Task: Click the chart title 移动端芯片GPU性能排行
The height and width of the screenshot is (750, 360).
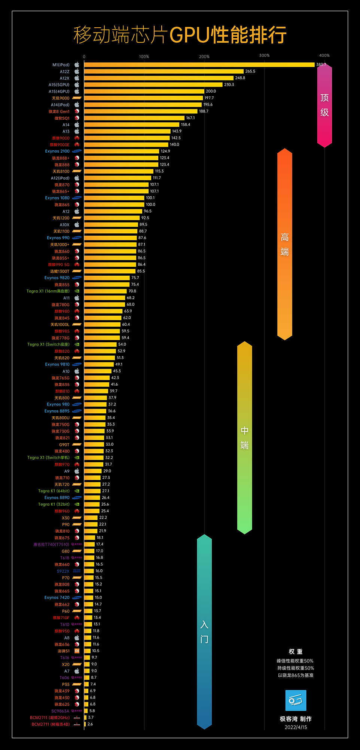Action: (x=180, y=35)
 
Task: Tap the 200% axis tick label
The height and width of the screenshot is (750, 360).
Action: (x=204, y=57)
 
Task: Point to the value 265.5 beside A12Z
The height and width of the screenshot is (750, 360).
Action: (x=250, y=71)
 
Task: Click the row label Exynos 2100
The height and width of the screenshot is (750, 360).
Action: (x=57, y=151)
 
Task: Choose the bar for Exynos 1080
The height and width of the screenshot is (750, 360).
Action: (x=114, y=198)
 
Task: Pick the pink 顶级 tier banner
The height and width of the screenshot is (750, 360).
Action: (x=324, y=105)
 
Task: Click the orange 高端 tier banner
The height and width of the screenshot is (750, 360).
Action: (x=284, y=244)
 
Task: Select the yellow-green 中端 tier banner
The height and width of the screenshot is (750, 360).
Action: (x=244, y=438)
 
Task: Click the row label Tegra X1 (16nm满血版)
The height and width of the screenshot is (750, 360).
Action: (x=48, y=291)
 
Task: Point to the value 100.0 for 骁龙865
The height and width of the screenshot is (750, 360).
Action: (x=150, y=205)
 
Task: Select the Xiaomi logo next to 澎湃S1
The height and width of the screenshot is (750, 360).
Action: (x=77, y=651)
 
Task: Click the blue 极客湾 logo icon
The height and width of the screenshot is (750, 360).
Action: (x=296, y=700)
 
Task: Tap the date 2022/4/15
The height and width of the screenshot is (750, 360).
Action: (x=296, y=727)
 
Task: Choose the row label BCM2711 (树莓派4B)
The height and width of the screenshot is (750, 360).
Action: (x=51, y=724)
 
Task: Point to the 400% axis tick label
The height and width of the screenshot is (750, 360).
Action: (x=324, y=55)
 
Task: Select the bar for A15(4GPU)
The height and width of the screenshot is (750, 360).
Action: (x=144, y=91)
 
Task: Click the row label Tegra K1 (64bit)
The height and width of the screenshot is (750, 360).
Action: (x=54, y=491)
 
